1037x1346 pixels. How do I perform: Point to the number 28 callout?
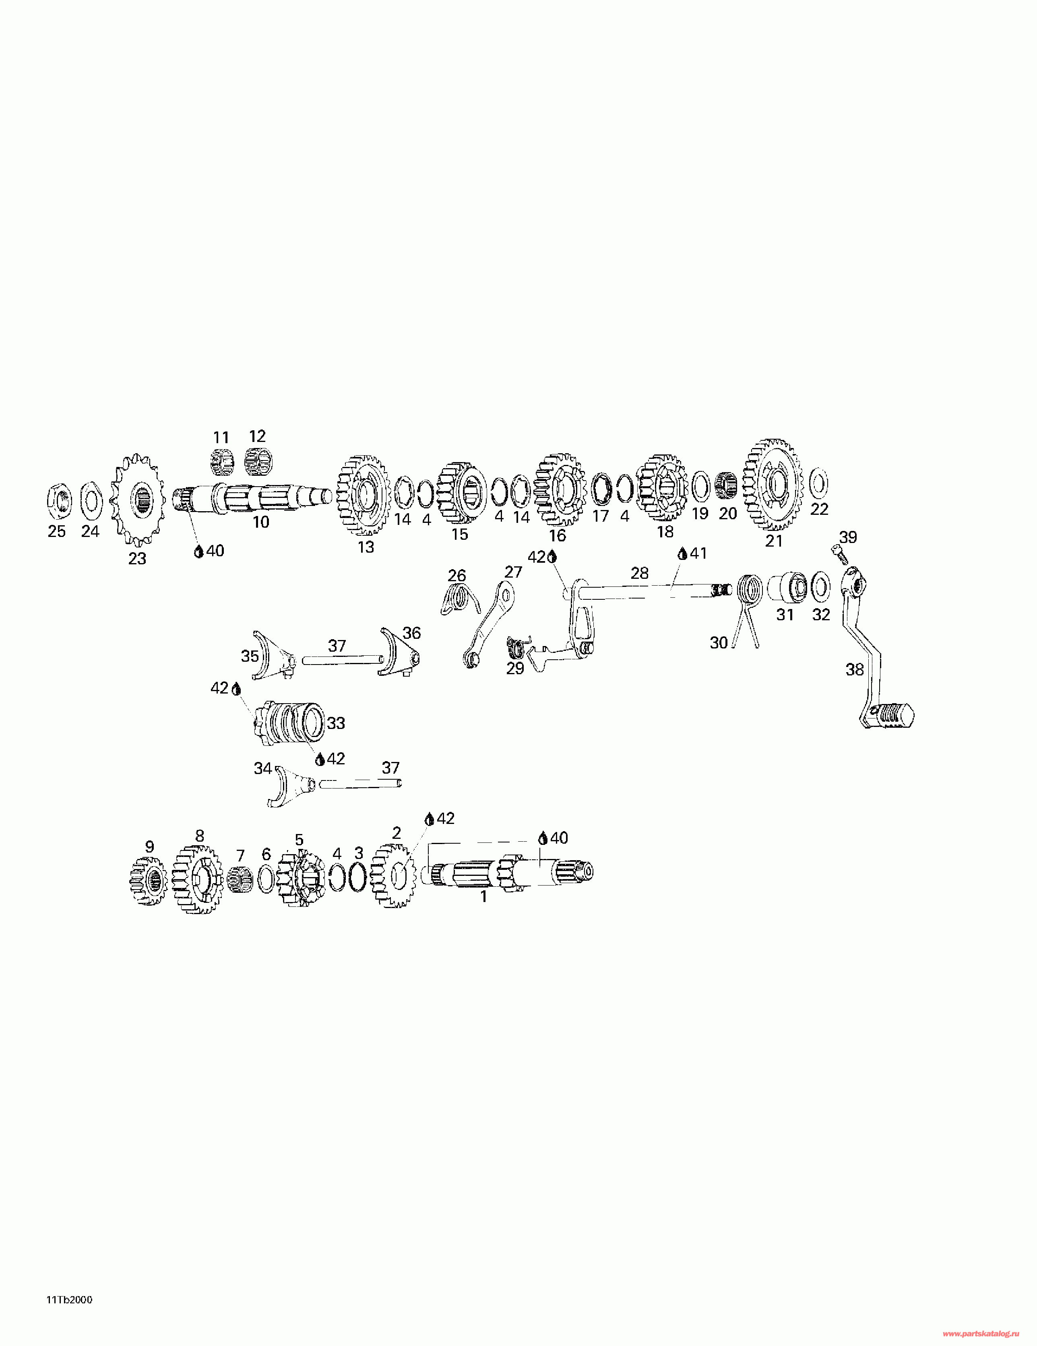point(639,573)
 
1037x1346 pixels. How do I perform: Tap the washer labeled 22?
point(818,483)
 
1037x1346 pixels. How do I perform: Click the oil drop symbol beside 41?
point(682,554)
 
